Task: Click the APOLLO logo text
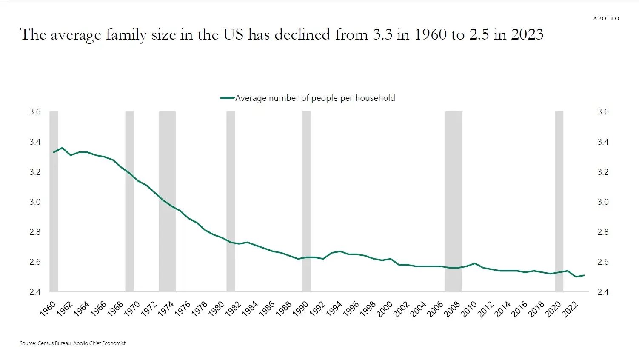point(606,18)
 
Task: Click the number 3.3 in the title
point(382,34)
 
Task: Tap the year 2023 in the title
point(527,34)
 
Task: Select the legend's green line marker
point(227,98)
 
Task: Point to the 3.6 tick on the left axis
point(35,111)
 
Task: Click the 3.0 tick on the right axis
point(603,202)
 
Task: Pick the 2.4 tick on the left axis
point(35,292)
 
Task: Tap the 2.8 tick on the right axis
point(603,232)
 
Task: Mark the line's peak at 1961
point(62,148)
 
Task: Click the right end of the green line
point(585,275)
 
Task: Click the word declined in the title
point(302,34)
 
